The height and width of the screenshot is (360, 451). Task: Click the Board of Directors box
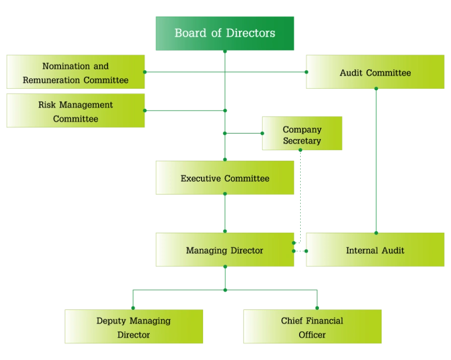[226, 34]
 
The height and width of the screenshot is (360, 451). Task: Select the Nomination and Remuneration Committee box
[75, 72]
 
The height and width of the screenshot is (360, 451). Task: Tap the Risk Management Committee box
[75, 112]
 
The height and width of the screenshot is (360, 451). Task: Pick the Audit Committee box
[375, 72]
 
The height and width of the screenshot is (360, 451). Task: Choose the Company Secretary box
[302, 134]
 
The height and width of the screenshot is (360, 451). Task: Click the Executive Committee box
[225, 178]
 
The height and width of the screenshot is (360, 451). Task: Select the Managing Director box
[225, 250]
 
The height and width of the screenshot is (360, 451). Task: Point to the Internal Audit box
[375, 250]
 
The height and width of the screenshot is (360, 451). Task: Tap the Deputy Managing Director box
[133, 327]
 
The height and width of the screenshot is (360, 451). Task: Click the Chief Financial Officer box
[312, 327]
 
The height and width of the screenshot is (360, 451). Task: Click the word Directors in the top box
[251, 34]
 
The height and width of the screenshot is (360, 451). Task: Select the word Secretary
[302, 141]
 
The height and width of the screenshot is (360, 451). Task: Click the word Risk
[46, 105]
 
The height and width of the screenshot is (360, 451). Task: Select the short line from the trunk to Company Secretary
[243, 133]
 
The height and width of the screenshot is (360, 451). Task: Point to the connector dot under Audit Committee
[376, 90]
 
